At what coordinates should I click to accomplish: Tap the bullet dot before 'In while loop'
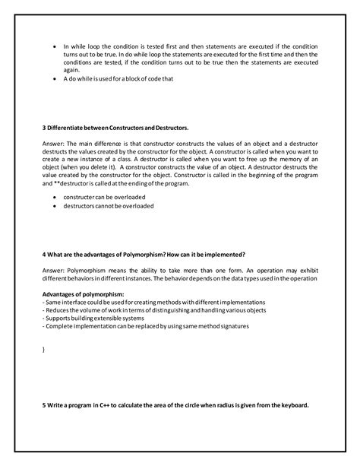coord(55,46)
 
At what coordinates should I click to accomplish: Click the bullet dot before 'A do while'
coord(55,79)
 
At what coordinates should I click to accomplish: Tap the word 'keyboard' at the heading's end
coord(292,404)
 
